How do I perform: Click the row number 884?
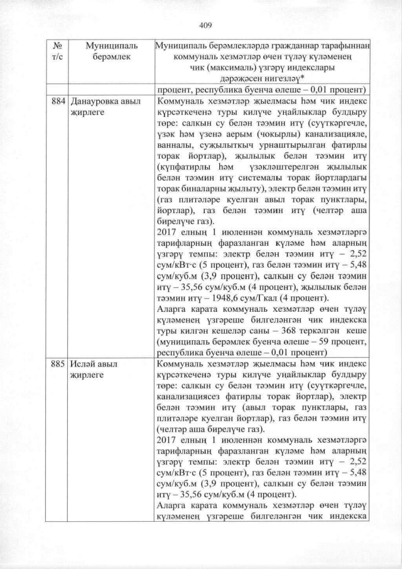[58, 101]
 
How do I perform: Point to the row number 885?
[58, 364]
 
